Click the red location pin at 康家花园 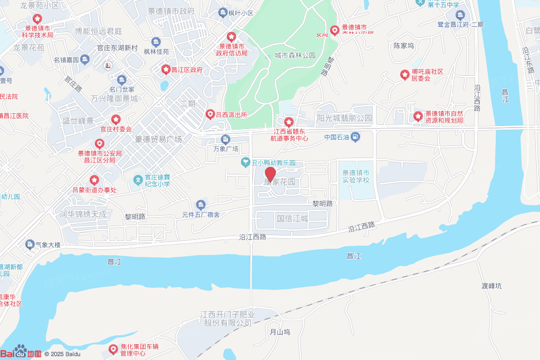click(x=270, y=174)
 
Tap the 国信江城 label click(x=293, y=218)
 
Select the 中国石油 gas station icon click(x=356, y=138)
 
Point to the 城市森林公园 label click(x=295, y=55)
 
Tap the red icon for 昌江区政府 click(x=166, y=70)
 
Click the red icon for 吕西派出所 click(x=210, y=114)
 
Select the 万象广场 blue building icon click(x=226, y=139)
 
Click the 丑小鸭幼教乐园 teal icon click(x=245, y=162)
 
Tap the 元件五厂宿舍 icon click(x=200, y=205)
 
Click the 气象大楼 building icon click(x=30, y=245)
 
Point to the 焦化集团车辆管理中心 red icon click(x=113, y=349)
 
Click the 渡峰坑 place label click(x=491, y=286)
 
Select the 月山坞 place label click(x=280, y=332)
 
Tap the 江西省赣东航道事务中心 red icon click(x=288, y=122)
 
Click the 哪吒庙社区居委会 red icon click(x=404, y=75)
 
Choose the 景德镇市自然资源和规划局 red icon click(x=418, y=116)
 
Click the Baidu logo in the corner click(x=21, y=352)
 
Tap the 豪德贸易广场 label click(x=158, y=140)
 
